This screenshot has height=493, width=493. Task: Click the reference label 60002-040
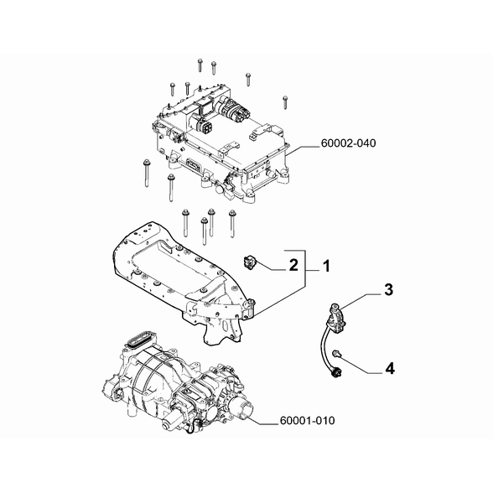tap(348, 143)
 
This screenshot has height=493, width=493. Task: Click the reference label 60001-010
tap(307, 420)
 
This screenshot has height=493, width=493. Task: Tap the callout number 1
tap(327, 267)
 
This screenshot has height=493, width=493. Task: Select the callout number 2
tap(293, 266)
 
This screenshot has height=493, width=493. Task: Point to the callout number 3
tap(389, 289)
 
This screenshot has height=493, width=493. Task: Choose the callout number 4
tap(390, 368)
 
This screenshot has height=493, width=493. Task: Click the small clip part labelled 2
tap(249, 262)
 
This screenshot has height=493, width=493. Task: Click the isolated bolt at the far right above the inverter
tap(285, 102)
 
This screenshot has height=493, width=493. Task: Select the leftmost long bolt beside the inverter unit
tap(146, 174)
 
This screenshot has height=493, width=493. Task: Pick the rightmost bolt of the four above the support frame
tap(232, 224)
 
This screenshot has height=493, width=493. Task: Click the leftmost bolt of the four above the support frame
tap(184, 223)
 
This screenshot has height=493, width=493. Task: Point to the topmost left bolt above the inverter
tap(200, 65)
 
